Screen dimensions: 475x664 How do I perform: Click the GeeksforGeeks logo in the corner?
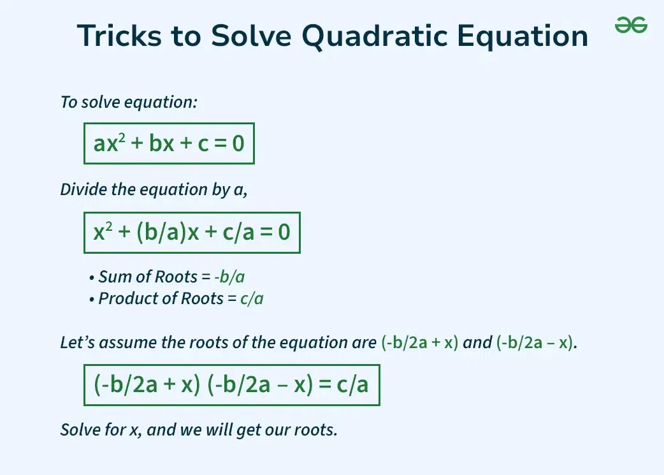pyautogui.click(x=631, y=26)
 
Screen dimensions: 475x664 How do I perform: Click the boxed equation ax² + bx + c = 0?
pyautogui.click(x=169, y=143)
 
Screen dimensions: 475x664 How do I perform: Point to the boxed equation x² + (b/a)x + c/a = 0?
pyautogui.click(x=192, y=232)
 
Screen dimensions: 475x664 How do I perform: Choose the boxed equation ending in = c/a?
pyautogui.click(x=231, y=385)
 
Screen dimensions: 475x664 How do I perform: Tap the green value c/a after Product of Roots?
pyautogui.click(x=252, y=298)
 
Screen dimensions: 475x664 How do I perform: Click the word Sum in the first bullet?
pyautogui.click(x=112, y=277)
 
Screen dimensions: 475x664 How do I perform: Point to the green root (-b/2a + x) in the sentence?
pyautogui.click(x=420, y=343)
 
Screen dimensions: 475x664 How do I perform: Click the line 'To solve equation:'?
pyautogui.click(x=129, y=102)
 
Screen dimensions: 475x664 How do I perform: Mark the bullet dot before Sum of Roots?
pyautogui.click(x=92, y=279)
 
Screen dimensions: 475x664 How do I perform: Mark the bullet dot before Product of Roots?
pyautogui.click(x=92, y=299)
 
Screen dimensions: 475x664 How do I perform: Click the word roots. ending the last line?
pyautogui.click(x=315, y=430)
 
